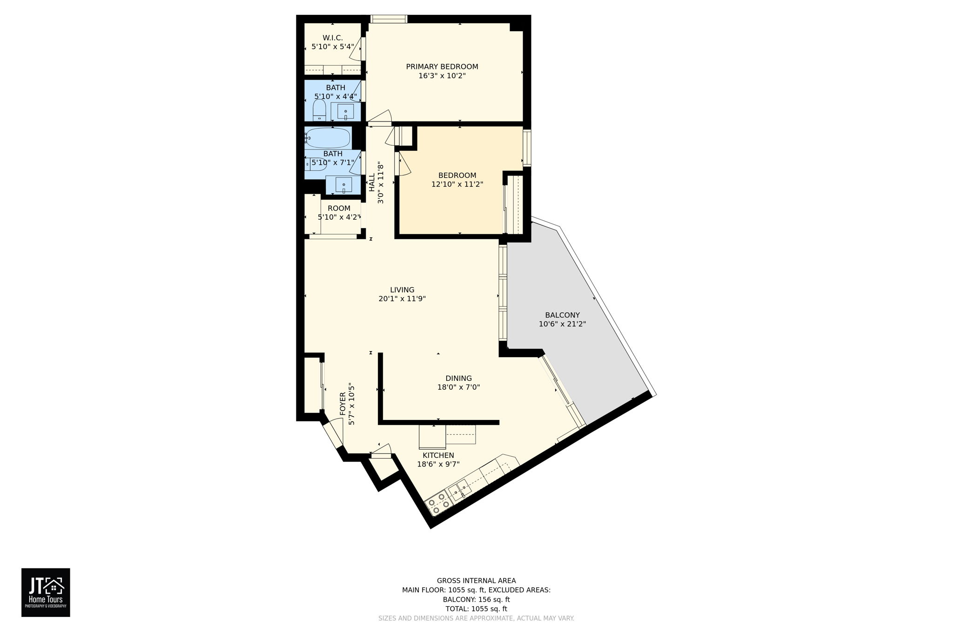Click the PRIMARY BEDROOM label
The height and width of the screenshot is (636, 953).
(442, 67)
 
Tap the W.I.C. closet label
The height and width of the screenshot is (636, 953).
(332, 38)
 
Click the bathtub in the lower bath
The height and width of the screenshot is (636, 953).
(328, 138)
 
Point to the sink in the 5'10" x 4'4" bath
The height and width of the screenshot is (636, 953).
(345, 112)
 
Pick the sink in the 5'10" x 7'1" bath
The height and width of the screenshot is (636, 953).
(343, 185)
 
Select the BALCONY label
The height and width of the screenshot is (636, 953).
(562, 315)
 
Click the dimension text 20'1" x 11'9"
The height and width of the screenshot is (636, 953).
(402, 299)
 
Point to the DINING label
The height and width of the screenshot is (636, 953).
(458, 378)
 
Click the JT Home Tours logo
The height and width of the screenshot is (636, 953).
(46, 592)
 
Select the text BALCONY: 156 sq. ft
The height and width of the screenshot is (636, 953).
(476, 600)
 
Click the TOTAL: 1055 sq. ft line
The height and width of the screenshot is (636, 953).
(476, 609)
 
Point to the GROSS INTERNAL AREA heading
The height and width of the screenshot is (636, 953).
(476, 581)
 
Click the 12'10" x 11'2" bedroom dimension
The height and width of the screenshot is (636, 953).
(457, 184)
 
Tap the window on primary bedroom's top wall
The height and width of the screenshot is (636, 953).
(389, 19)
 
